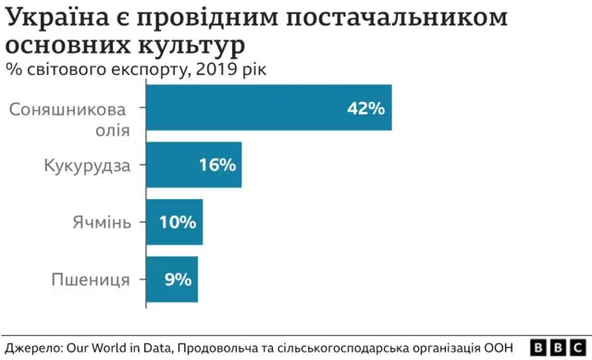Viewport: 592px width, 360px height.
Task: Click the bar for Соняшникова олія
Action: point(268,107)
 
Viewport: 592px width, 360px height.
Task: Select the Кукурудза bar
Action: point(193,166)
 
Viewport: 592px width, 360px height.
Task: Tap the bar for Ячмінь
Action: point(173,222)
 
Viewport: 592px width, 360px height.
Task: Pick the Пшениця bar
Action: point(171,279)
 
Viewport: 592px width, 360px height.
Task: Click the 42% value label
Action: point(364,108)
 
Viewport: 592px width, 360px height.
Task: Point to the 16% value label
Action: point(217,166)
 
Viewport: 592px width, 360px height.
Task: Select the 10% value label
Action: point(177,222)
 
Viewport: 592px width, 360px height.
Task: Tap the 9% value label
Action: point(177,279)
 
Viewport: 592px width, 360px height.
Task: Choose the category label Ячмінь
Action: point(103,222)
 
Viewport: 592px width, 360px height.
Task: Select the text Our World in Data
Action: point(118,347)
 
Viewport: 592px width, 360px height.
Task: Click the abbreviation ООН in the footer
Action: point(498,347)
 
